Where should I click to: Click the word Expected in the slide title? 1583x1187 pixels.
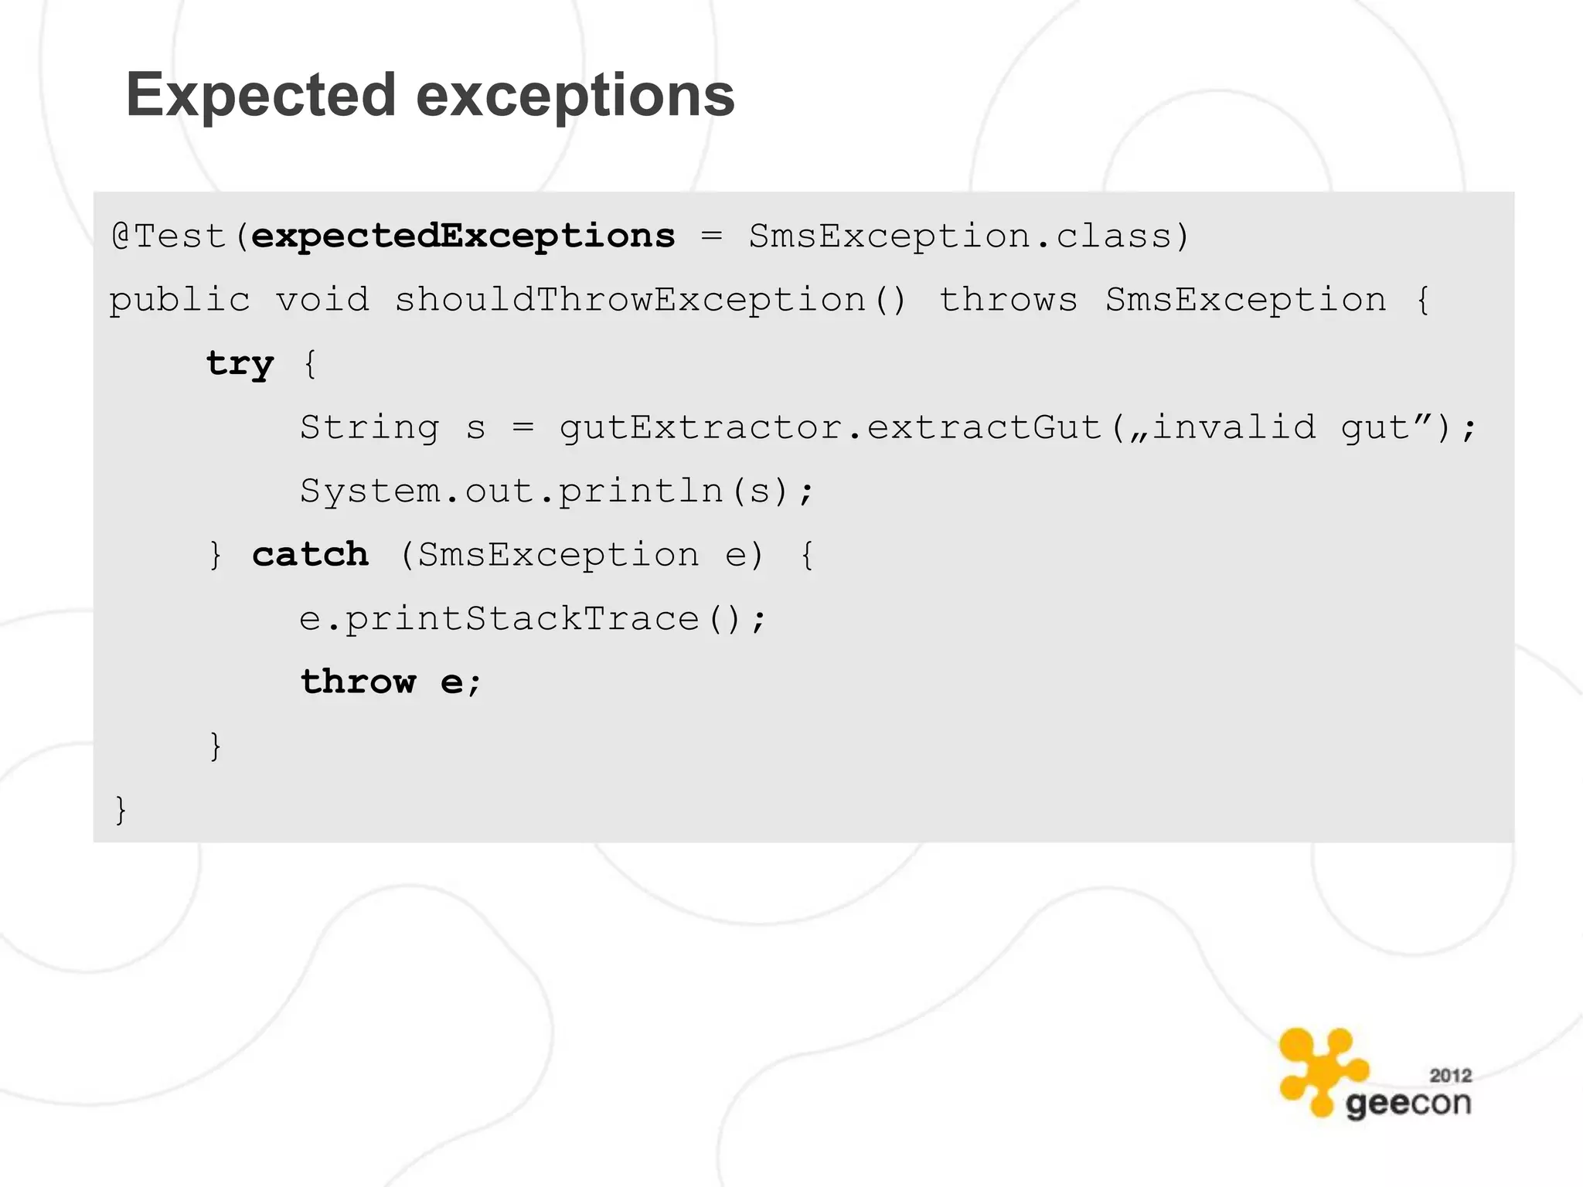pos(261,96)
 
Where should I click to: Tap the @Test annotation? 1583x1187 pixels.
pos(169,236)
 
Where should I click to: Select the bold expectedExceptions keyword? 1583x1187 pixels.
pos(463,236)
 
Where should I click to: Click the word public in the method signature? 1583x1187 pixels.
pos(179,300)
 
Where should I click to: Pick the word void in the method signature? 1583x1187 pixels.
pos(322,300)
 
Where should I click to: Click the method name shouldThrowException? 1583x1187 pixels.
pos(630,300)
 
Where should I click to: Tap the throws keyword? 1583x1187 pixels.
pos(1008,300)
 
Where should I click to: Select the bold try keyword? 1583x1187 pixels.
pos(240,363)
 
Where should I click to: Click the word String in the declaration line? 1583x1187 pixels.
pos(369,427)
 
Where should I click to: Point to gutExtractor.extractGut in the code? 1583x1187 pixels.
pos(831,427)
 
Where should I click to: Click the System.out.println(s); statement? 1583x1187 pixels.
pos(557,491)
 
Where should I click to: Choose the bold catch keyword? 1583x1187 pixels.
pos(310,555)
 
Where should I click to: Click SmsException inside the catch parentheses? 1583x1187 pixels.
pos(558,555)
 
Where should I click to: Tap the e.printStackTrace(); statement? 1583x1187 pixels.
pos(533,619)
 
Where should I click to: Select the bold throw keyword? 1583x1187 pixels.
pos(358,682)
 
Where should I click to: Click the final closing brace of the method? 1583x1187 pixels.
pos(120,810)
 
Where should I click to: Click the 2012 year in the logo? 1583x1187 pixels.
pos(1450,1075)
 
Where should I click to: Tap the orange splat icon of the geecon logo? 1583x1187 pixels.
pos(1320,1070)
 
